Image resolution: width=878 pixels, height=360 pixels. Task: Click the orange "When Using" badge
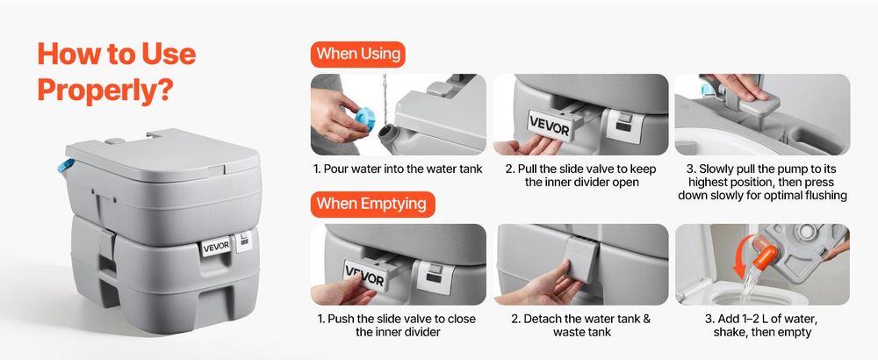358,54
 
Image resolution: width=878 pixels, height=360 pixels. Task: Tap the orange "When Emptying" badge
372,204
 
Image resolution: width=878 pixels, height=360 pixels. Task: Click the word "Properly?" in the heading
104,90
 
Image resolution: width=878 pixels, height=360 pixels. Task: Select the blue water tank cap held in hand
365,117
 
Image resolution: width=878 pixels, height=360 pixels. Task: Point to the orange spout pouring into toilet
765,253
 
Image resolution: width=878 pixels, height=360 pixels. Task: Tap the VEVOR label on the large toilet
216,247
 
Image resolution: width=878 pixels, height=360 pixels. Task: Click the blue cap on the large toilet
66,165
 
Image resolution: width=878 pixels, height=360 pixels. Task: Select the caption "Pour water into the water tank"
398,169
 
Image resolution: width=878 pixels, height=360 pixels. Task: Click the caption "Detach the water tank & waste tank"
580,325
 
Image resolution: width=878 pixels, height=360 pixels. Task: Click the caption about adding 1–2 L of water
762,325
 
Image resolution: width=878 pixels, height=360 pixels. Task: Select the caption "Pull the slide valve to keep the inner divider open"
580,176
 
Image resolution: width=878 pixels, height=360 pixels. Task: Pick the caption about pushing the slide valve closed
398,325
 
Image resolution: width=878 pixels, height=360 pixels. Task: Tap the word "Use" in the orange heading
169,54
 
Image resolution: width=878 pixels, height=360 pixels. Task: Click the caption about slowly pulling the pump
762,182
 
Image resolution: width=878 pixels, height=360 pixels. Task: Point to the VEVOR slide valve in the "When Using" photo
550,126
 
